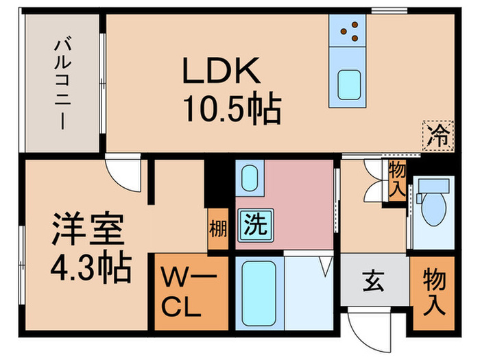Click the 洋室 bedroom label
click(87, 230)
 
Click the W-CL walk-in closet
click(182, 292)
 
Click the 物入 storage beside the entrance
click(433, 291)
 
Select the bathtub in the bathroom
click(260, 294)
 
